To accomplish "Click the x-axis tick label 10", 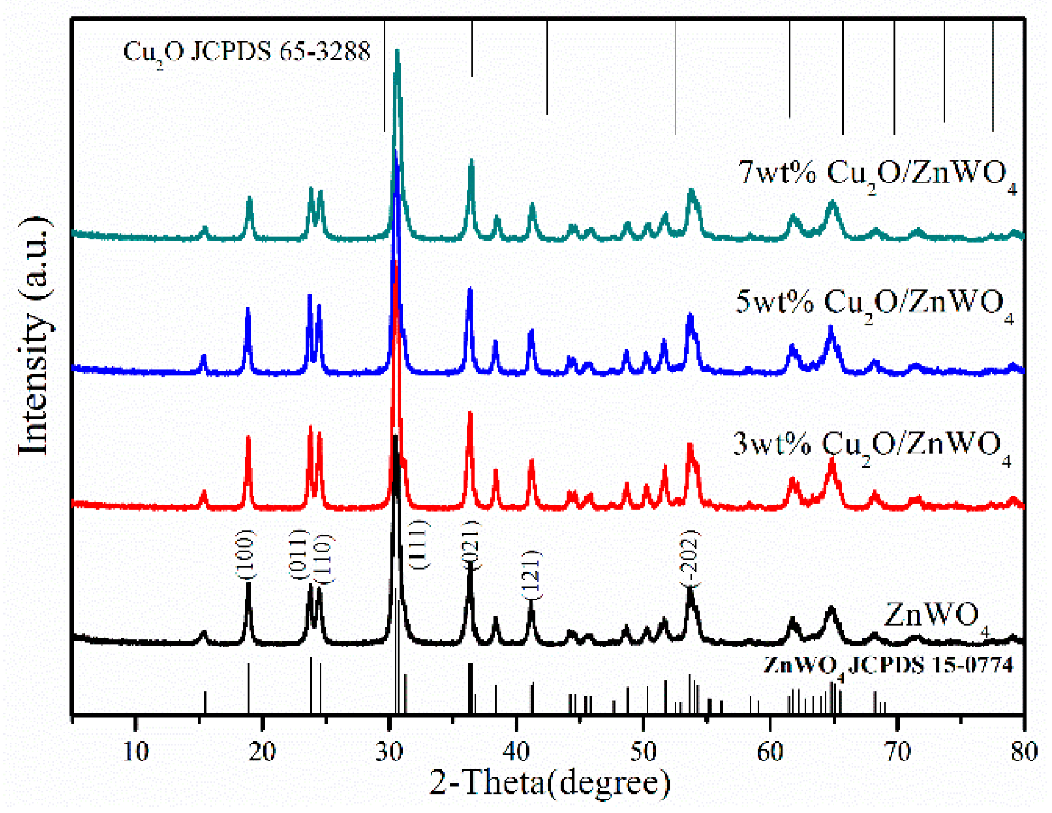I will [x=136, y=751].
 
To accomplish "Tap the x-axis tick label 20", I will [x=262, y=751].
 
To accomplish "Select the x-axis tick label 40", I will [x=517, y=751].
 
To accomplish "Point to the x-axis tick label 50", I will [x=643, y=751].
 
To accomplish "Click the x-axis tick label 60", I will [x=770, y=751].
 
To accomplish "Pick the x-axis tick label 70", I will [x=897, y=751].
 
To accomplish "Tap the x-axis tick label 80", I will [x=1024, y=751].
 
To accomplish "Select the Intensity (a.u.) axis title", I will [x=34, y=336].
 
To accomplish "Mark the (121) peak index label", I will [x=532, y=575].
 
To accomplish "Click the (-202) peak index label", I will [x=690, y=558].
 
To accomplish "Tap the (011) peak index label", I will [x=298, y=553].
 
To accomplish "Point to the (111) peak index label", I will [x=420, y=544].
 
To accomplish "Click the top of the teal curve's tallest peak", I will [x=397, y=52].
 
